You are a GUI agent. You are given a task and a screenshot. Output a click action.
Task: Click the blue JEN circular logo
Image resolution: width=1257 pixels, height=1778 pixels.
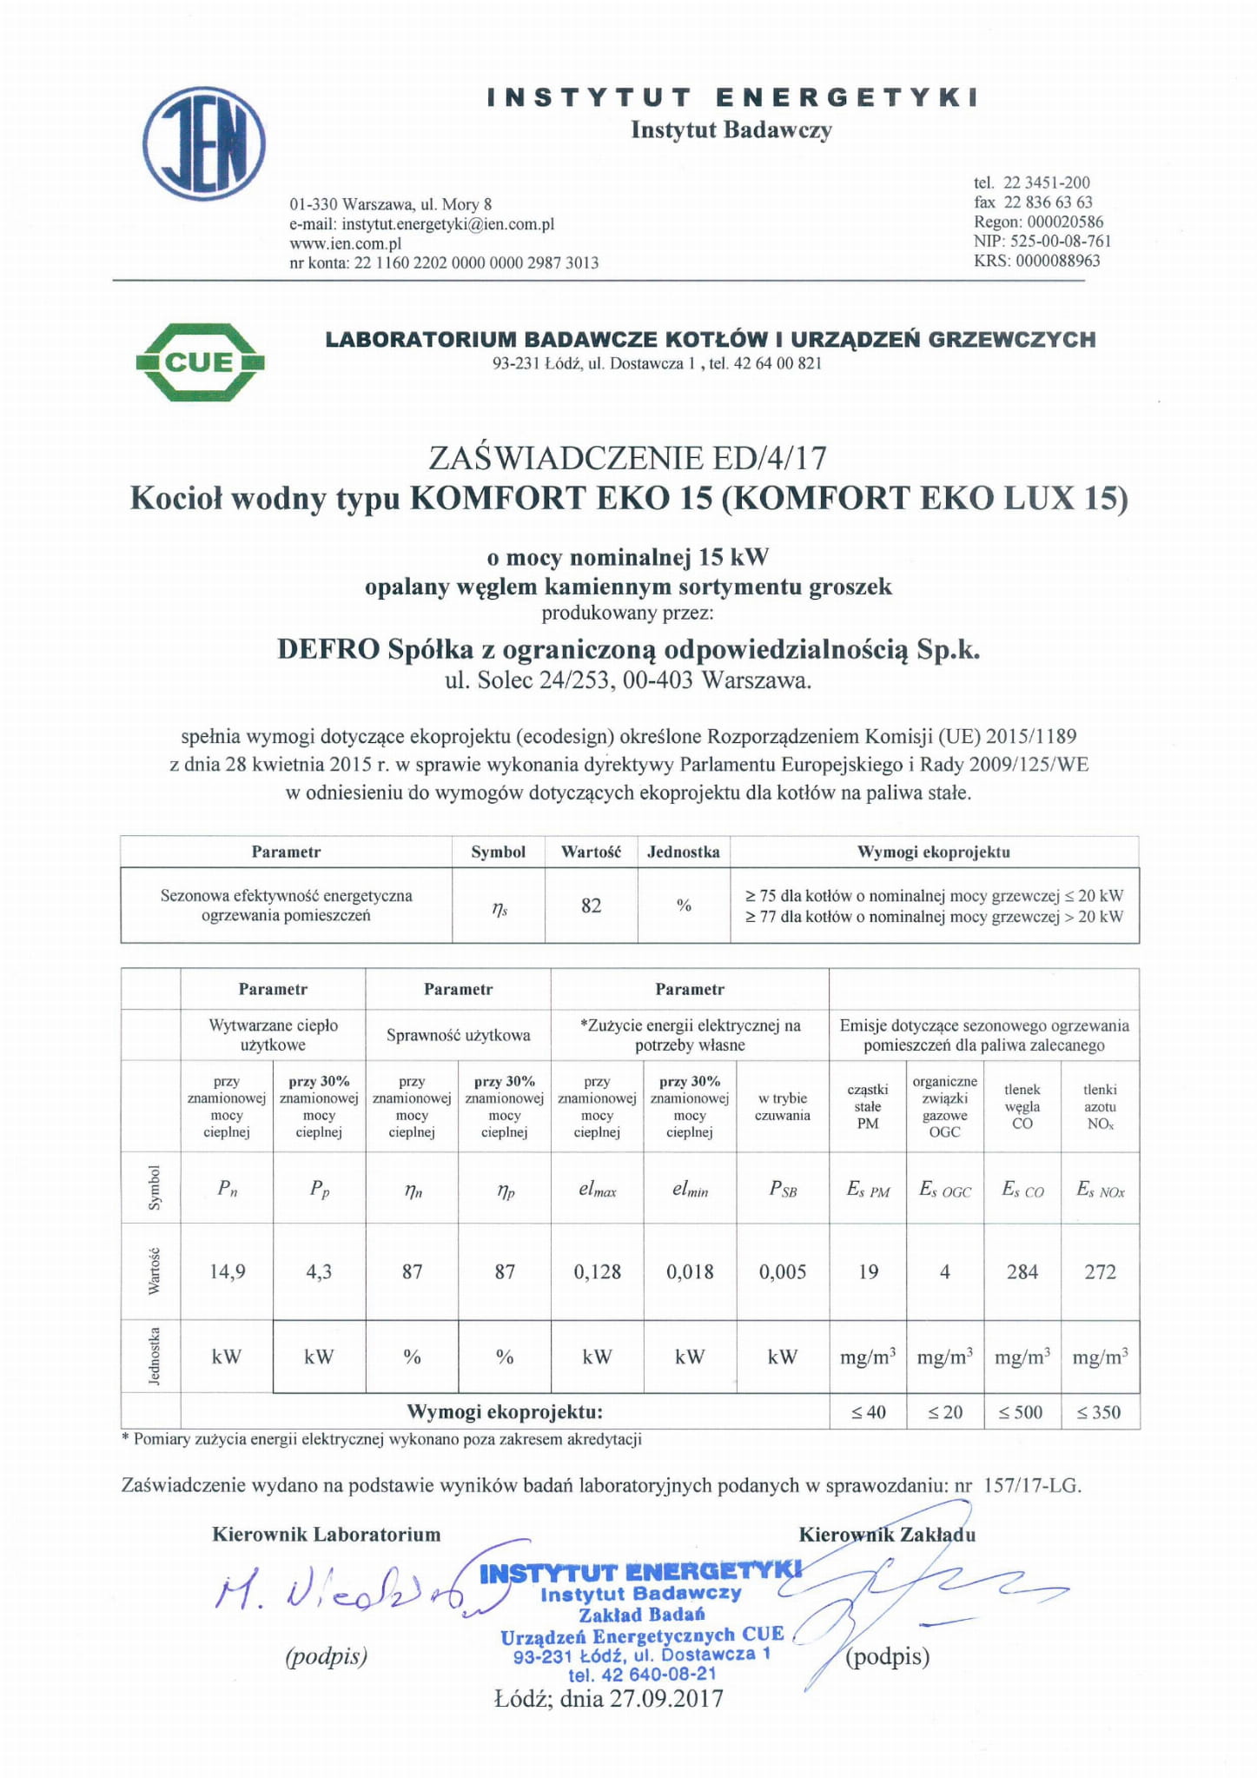(204, 143)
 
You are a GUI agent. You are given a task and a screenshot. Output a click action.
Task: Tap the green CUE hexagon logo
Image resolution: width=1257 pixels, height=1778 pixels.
(200, 362)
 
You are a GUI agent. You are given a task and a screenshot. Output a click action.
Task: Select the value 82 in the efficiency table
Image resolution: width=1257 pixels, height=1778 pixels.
(591, 906)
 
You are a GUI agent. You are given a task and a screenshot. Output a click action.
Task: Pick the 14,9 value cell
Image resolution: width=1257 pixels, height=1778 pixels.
(228, 1271)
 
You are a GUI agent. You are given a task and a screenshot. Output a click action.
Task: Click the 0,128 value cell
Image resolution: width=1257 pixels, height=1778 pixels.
(598, 1271)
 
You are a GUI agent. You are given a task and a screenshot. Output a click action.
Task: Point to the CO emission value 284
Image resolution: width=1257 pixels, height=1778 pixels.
(1022, 1271)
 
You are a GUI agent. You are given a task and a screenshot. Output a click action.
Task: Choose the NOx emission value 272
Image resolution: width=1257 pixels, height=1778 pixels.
(1100, 1271)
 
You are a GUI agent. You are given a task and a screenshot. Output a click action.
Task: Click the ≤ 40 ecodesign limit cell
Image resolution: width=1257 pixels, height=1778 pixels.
(868, 1412)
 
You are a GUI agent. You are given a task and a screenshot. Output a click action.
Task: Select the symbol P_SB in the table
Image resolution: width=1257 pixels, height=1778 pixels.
(783, 1190)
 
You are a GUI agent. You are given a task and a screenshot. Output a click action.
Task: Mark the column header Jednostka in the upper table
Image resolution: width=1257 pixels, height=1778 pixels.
(684, 852)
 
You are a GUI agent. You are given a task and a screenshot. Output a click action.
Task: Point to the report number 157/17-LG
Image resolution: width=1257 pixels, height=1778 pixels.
(1032, 1485)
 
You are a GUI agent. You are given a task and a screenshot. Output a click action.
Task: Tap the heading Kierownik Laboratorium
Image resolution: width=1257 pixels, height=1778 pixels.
(327, 1534)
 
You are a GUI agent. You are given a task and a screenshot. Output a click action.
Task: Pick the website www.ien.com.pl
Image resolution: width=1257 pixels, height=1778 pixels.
(345, 243)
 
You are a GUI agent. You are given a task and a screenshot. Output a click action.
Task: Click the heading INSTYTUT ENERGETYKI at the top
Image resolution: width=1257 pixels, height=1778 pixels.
(731, 97)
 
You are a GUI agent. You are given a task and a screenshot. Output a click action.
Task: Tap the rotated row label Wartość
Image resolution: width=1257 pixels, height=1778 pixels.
(154, 1270)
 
